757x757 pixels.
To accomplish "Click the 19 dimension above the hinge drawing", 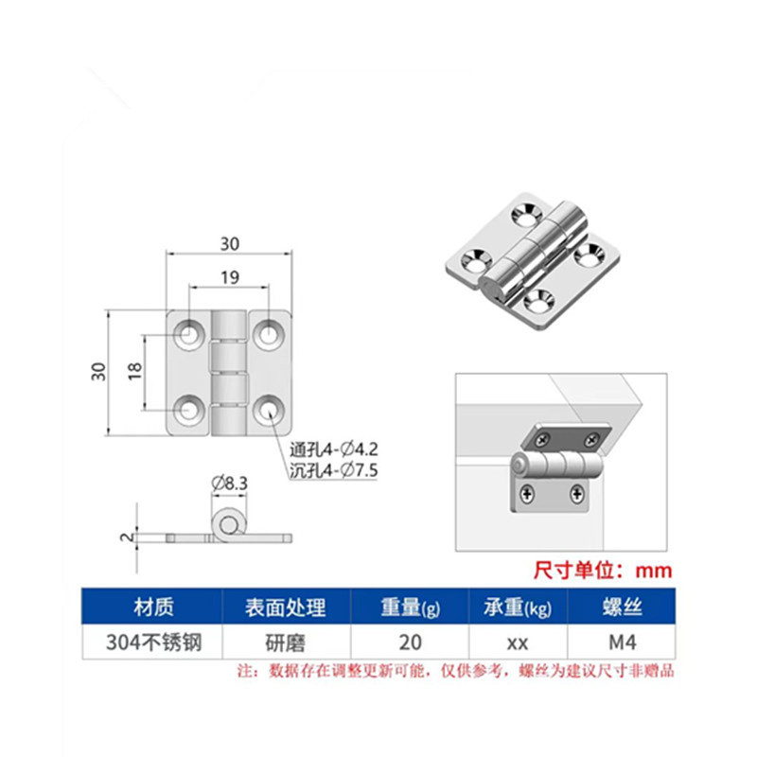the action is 229,277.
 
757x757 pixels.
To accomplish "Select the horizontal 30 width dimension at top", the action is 229,243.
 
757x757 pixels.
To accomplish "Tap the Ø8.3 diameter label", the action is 229,484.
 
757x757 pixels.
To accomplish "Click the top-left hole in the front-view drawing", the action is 190,332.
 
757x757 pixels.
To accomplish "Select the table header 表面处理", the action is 285,607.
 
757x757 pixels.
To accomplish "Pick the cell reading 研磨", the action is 285,643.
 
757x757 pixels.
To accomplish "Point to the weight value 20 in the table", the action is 410,643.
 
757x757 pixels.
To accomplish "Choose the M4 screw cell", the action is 620,643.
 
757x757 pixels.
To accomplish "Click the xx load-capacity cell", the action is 517,643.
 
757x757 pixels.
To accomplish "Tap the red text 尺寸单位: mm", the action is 603,571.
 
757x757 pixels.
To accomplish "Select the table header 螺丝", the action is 620,607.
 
